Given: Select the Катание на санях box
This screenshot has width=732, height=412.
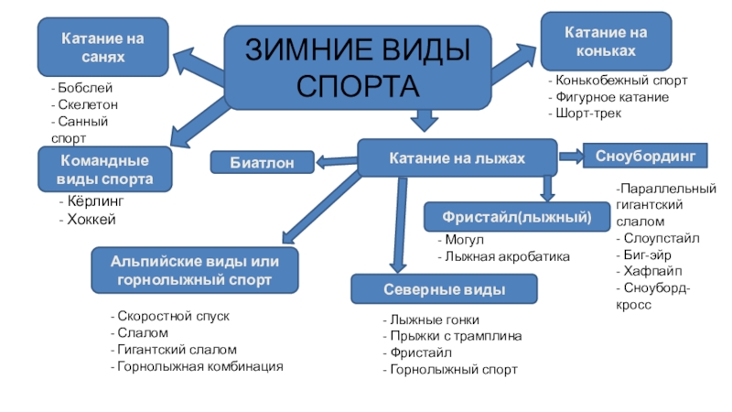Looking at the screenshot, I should tap(102, 48).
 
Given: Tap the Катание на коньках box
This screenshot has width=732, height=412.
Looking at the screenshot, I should tap(606, 41).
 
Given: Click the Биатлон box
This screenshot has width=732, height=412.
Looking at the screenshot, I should tap(262, 163).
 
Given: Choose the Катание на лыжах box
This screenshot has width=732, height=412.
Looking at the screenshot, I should tap(457, 158).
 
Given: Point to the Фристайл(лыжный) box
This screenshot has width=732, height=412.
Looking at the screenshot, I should tap(518, 217).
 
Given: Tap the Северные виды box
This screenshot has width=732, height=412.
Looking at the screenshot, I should tap(429, 289).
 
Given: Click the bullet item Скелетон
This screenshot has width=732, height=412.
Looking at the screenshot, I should tap(86, 105).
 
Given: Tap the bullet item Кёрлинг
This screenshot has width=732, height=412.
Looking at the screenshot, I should tap(91, 201).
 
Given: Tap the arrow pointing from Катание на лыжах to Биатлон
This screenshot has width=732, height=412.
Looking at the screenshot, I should tap(336, 163).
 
